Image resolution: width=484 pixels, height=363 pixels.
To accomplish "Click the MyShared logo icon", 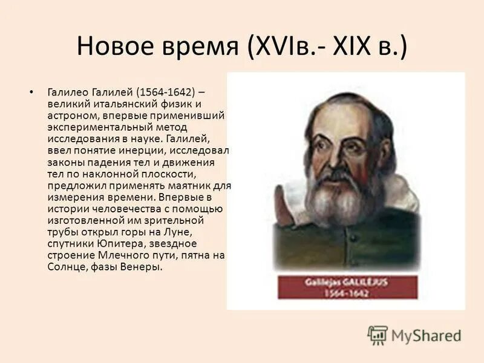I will click(378, 335).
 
